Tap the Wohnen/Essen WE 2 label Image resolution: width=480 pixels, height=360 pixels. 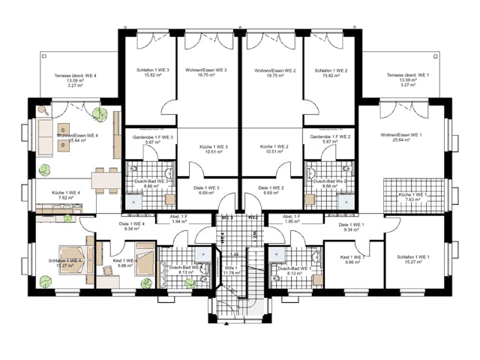pyautogui.click(x=272, y=70)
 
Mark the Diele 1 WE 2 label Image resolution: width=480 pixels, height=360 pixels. pyautogui.click(x=271, y=187)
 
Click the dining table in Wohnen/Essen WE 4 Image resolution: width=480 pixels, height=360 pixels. pyautogui.click(x=105, y=179)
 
